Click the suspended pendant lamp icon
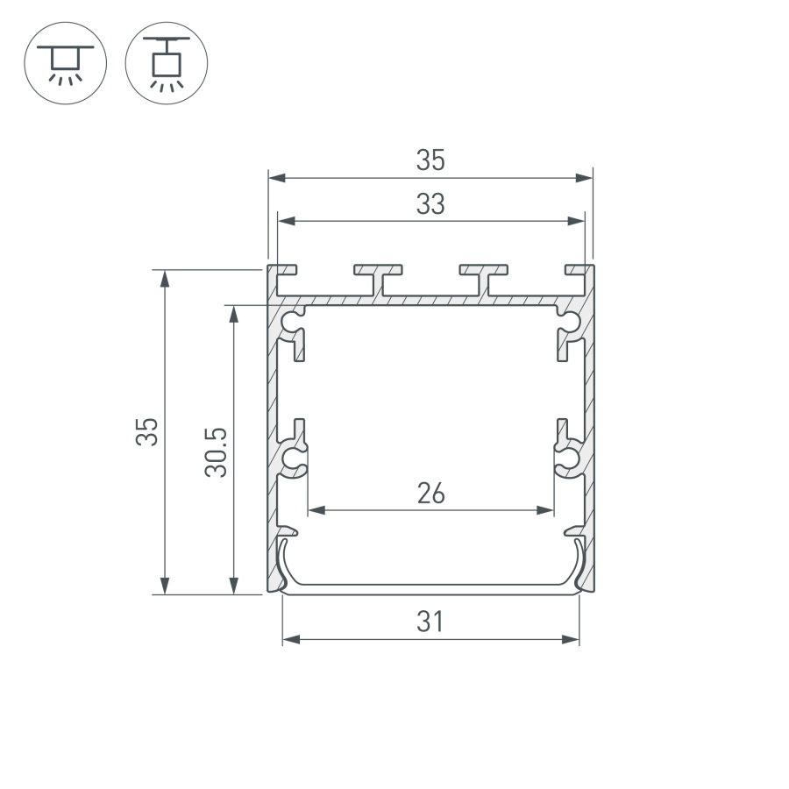(167, 63)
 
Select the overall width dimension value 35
(430, 160)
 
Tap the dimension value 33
(430, 204)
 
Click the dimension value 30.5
(217, 451)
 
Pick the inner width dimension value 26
(430, 494)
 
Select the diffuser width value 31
(430, 622)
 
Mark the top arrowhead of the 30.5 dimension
(233, 312)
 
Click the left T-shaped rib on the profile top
(379, 277)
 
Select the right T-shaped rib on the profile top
(483, 277)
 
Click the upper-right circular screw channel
(567, 321)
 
